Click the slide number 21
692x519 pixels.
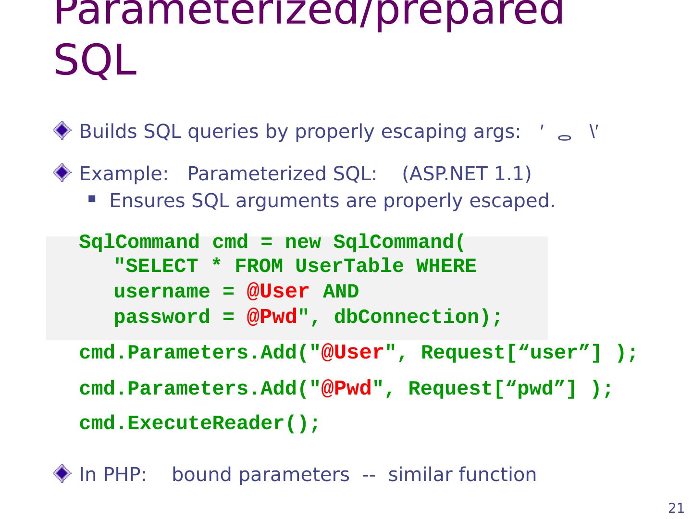click(x=676, y=508)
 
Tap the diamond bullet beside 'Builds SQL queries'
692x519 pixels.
click(x=62, y=131)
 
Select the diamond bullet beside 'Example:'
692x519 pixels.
click(x=62, y=173)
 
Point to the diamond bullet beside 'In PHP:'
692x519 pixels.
click(x=62, y=474)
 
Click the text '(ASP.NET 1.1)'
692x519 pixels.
click(x=467, y=173)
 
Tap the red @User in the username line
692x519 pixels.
click(x=278, y=292)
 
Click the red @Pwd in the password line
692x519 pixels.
click(x=272, y=317)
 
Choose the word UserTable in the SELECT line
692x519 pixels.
click(x=349, y=266)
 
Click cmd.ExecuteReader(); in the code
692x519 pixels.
click(x=199, y=423)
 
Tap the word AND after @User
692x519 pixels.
click(x=341, y=292)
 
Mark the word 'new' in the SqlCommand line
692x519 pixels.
click(x=303, y=242)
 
